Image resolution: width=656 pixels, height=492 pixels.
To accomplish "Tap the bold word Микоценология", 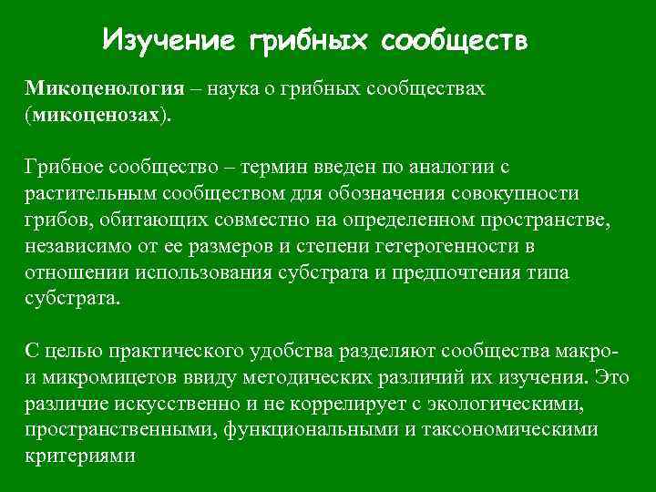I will [103, 89].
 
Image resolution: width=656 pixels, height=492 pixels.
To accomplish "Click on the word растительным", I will [87, 195].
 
